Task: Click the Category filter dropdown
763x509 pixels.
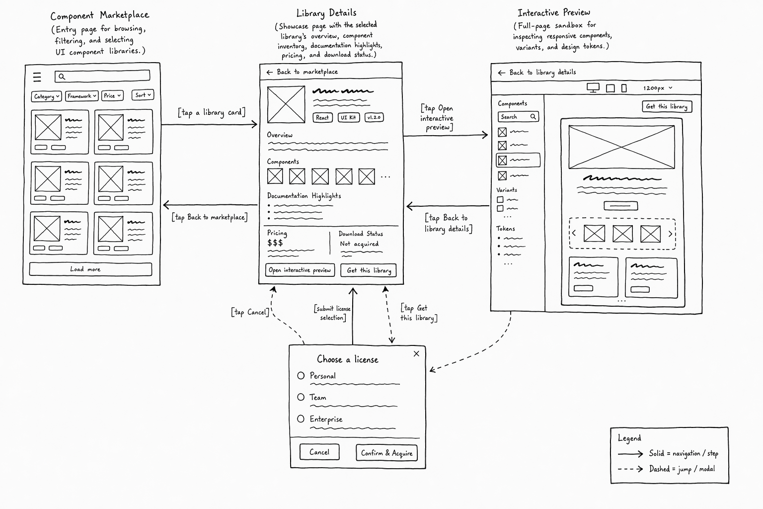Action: click(46, 96)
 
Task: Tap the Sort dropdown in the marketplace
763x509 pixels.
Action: click(143, 95)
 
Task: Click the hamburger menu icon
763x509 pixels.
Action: click(37, 77)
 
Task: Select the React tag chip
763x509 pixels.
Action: click(322, 118)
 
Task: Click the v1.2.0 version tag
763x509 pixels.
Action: click(374, 117)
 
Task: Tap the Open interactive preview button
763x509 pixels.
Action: click(300, 270)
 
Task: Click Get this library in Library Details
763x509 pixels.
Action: click(369, 270)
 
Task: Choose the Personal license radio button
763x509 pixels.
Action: click(301, 376)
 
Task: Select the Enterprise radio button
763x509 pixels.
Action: click(301, 419)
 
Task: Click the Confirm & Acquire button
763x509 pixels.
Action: click(386, 453)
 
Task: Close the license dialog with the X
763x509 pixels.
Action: click(416, 354)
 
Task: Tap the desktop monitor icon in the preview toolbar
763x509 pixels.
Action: click(593, 88)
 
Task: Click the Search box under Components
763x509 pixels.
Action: click(518, 117)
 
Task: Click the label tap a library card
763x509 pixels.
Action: click(212, 112)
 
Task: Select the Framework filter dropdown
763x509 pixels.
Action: click(82, 96)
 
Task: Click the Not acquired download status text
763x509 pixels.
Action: click(359, 244)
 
